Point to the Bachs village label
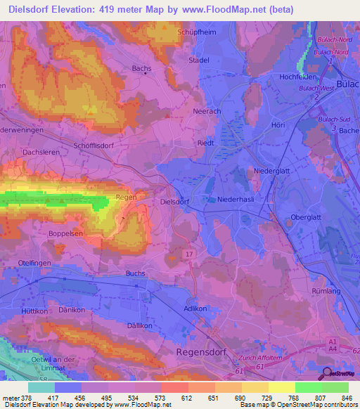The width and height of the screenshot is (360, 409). pos(141,68)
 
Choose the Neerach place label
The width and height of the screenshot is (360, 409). pos(207,111)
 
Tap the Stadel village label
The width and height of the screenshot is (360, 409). pos(199,60)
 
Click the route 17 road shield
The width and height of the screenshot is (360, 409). pos(190,253)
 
